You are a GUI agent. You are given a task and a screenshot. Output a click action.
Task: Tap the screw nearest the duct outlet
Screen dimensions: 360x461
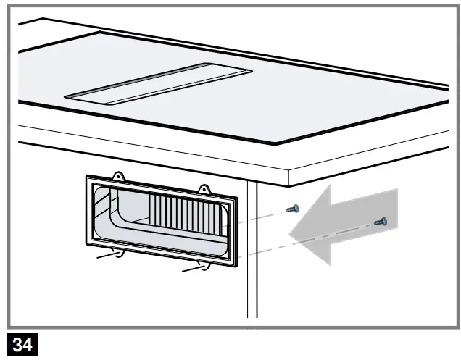[293, 209]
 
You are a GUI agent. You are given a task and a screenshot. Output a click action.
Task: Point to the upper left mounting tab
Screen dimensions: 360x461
[118, 176]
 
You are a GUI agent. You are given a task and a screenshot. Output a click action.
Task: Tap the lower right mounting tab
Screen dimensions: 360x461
[206, 267]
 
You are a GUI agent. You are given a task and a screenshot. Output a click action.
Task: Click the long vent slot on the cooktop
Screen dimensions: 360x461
[159, 83]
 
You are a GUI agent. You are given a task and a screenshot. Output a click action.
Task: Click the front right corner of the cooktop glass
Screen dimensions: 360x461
[276, 143]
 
